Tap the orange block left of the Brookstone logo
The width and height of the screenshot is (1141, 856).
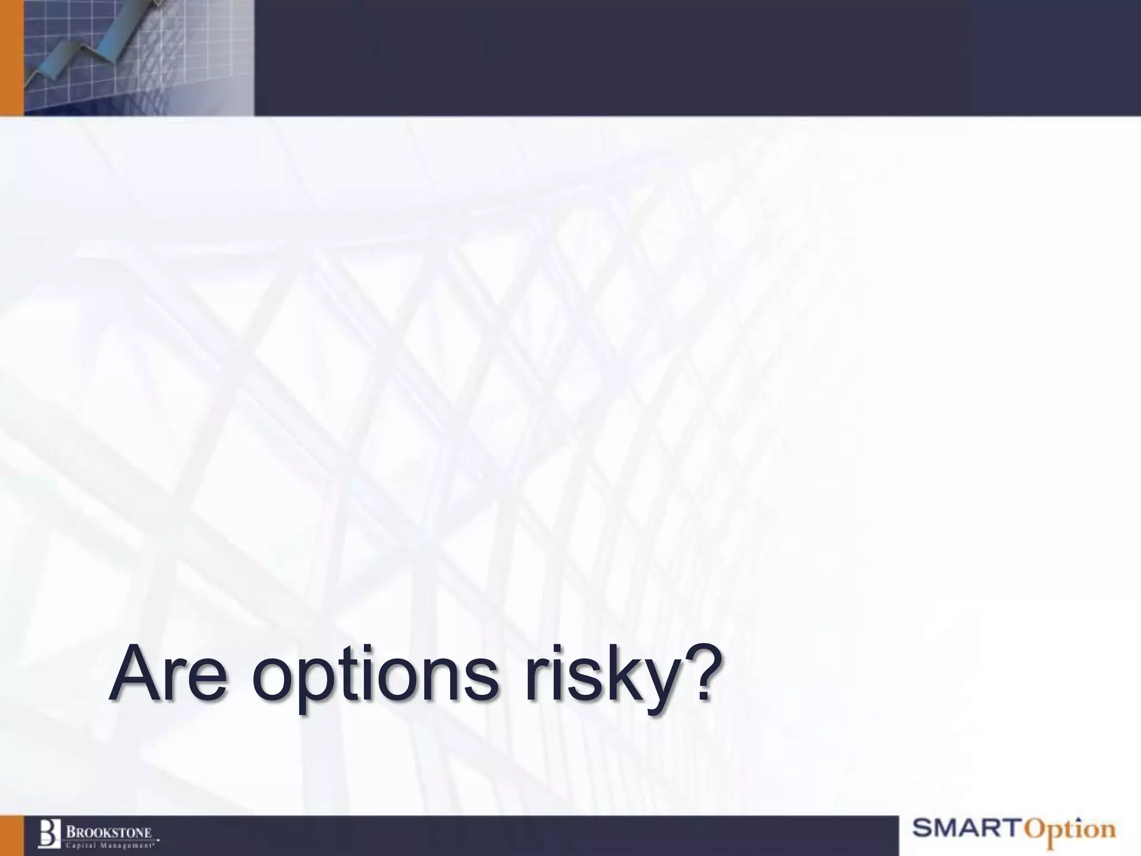coord(11,835)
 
